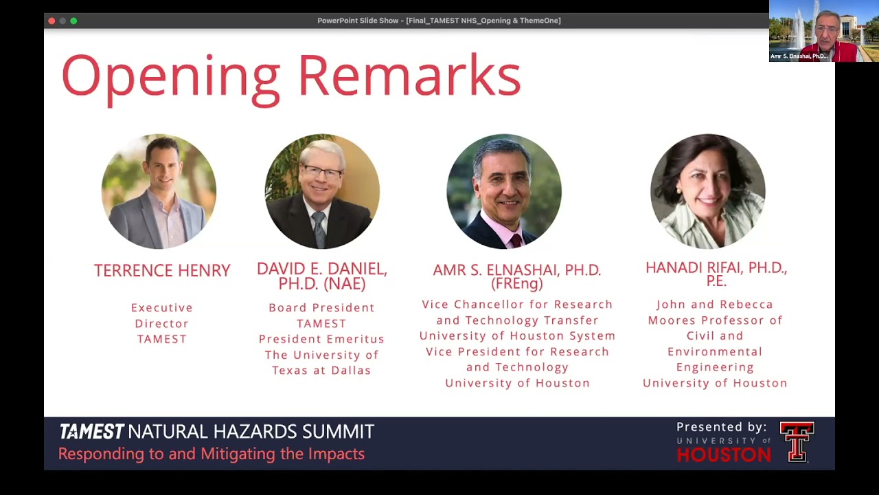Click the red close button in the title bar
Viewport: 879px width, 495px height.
(x=52, y=21)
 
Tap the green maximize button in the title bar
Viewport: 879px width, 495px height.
(x=73, y=21)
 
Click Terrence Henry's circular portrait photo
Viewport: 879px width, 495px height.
(x=159, y=191)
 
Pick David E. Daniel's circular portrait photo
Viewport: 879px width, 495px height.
(x=322, y=191)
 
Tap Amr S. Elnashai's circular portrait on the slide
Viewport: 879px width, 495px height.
(x=504, y=191)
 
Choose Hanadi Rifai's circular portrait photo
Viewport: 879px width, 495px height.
(x=707, y=191)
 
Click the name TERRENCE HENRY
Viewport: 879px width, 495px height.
(x=162, y=271)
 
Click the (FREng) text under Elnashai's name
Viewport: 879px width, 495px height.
(x=517, y=283)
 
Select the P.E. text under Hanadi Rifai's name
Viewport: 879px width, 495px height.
(x=716, y=281)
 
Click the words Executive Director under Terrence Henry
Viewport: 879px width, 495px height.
(x=162, y=315)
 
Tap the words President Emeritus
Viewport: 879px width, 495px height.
(x=321, y=339)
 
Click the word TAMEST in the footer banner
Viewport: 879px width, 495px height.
(x=91, y=432)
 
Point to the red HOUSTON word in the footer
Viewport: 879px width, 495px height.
(x=723, y=454)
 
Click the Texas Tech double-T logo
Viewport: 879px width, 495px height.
(x=797, y=441)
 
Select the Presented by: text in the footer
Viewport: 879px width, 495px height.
(x=721, y=427)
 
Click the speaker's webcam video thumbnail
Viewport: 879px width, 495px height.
(x=823, y=31)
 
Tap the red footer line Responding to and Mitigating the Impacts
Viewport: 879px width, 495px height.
(x=212, y=454)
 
